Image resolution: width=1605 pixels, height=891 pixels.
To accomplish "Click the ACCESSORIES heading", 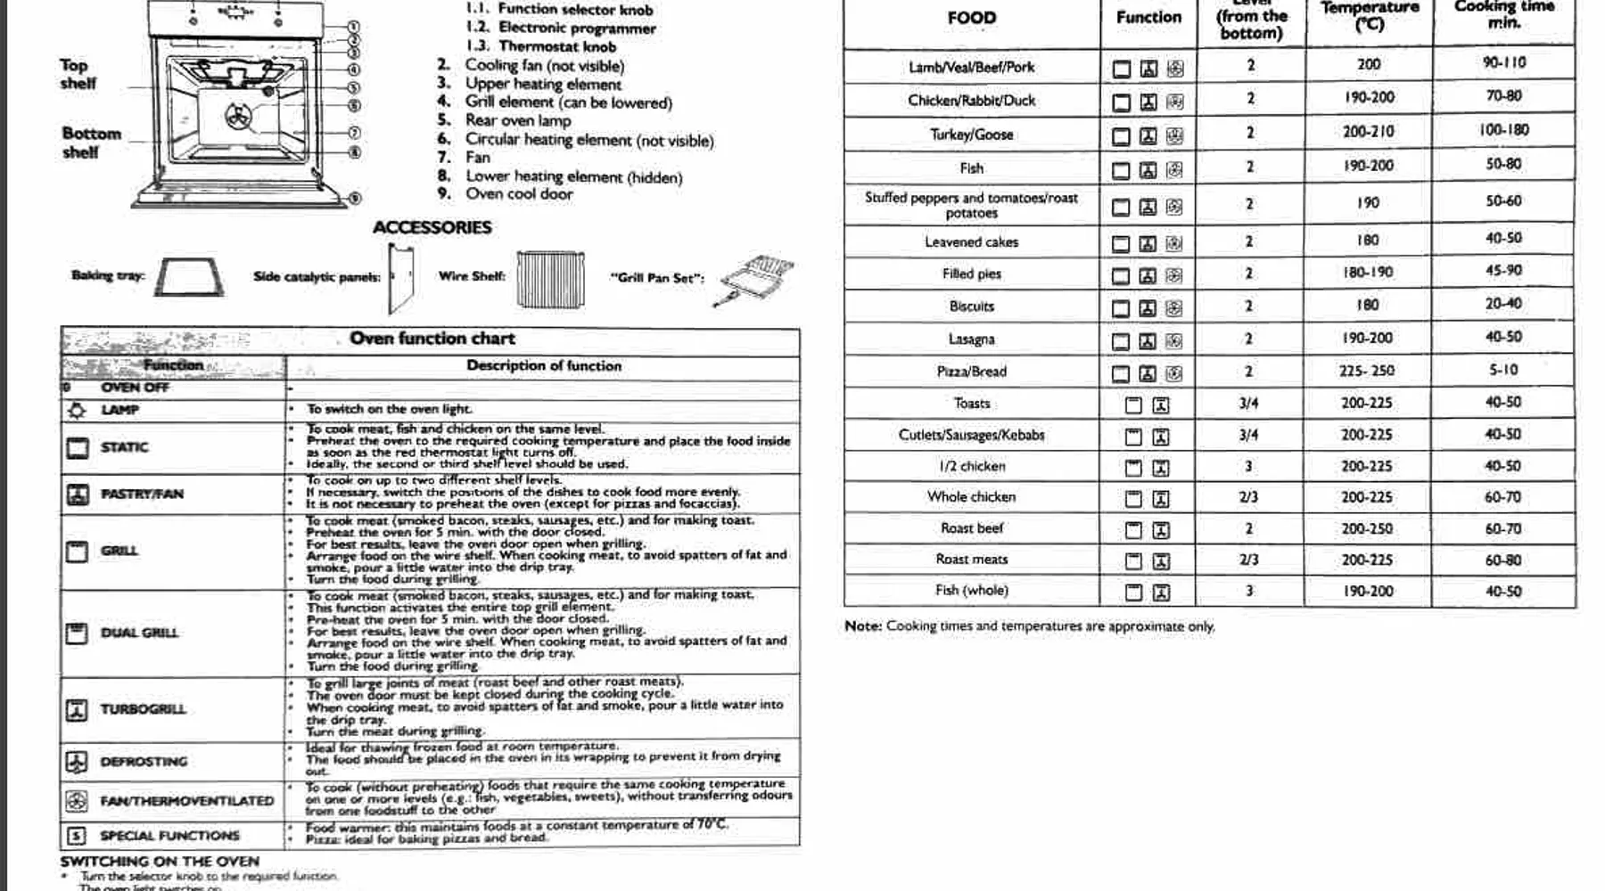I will tap(432, 227).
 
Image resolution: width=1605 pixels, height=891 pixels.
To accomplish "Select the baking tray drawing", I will tap(188, 277).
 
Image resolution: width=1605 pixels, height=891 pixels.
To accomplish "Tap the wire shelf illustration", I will tap(550, 278).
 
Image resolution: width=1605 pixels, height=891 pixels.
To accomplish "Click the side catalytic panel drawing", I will tap(400, 279).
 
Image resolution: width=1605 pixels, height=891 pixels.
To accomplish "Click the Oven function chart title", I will tap(432, 339).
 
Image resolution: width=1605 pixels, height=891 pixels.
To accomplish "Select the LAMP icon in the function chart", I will tap(78, 410).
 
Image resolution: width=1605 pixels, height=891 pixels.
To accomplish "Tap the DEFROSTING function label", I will tap(144, 762).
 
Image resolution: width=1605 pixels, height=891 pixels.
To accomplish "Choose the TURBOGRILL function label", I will tap(143, 709).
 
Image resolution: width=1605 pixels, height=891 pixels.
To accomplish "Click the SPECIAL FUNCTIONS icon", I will tap(77, 836).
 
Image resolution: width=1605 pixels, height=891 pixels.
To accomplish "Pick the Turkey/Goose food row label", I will tap(971, 135).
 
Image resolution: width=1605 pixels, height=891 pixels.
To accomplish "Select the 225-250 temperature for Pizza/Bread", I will tap(1367, 371).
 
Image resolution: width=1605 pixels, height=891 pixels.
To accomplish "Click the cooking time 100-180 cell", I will tap(1503, 130).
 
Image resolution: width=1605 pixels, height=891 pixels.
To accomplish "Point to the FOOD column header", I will tap(971, 18).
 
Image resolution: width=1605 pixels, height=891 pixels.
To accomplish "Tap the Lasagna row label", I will tap(971, 339).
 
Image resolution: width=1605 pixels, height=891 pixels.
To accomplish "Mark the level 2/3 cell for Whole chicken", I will tap(1248, 497).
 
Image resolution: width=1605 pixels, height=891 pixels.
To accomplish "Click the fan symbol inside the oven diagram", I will tap(237, 116).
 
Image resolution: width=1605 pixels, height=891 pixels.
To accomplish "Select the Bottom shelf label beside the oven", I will tap(91, 143).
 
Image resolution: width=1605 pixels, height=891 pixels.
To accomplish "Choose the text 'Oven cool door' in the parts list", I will tap(519, 194).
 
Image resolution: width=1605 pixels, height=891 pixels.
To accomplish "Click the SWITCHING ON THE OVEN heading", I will tap(160, 862).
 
